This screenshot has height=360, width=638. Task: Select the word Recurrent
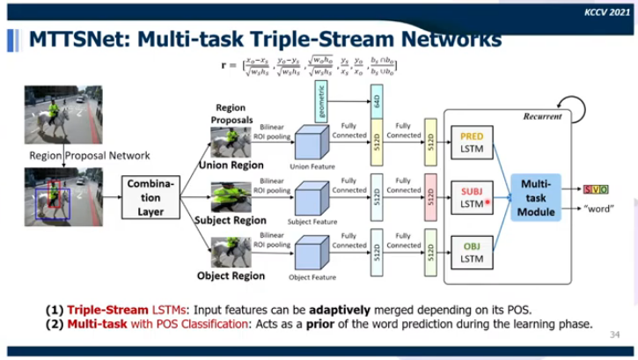tap(542, 115)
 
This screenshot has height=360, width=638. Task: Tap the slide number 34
tap(613, 335)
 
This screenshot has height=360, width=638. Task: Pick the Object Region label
tap(230, 276)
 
